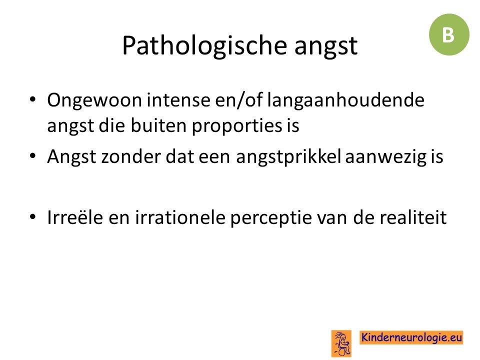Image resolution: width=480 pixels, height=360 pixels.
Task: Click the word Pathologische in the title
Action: (204, 46)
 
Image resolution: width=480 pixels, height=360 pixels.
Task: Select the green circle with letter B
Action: (449, 34)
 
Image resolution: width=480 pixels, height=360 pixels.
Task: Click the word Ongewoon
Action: (94, 100)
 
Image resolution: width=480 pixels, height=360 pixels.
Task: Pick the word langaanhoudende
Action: (345, 100)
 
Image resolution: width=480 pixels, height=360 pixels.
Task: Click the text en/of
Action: (239, 100)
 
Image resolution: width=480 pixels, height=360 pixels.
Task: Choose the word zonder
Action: (131, 156)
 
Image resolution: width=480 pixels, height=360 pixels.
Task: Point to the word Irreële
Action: (75, 217)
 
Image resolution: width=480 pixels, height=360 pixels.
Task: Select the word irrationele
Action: (180, 217)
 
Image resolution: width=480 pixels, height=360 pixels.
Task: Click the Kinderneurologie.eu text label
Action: (411, 337)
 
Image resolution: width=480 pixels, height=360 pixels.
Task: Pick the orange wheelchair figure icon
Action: (341, 343)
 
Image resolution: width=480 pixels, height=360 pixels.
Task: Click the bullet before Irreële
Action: (33, 217)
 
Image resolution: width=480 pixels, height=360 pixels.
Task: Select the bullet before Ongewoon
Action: (33, 100)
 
